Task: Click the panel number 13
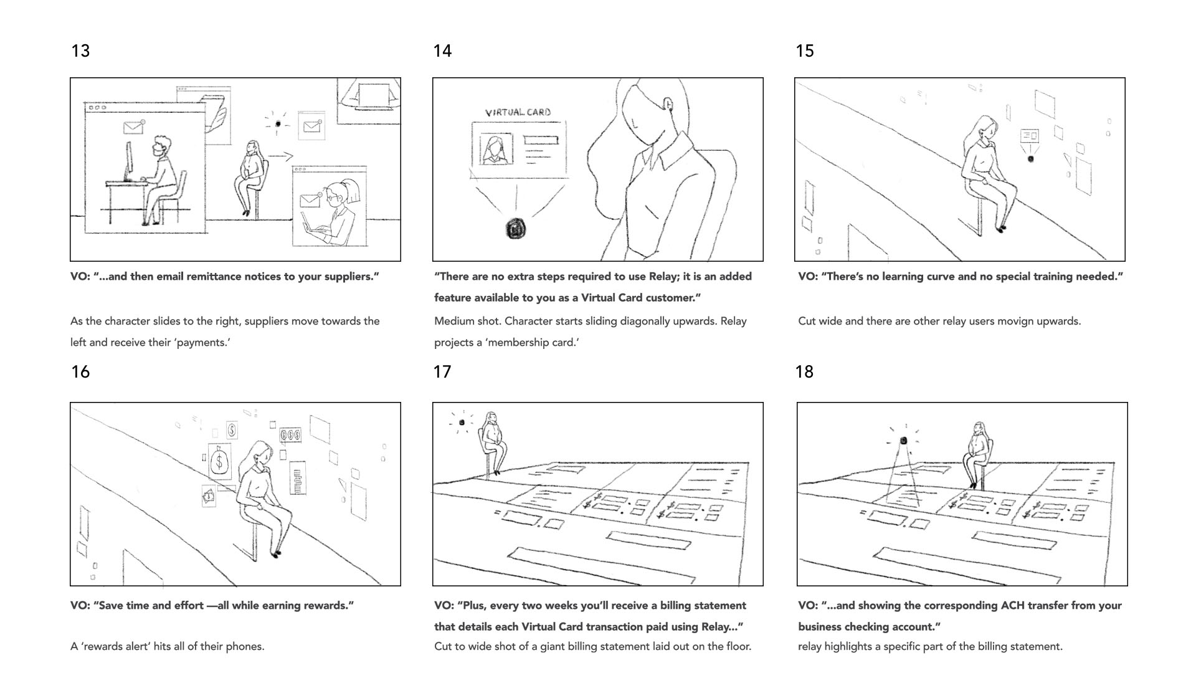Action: coord(80,51)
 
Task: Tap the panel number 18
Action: coord(804,372)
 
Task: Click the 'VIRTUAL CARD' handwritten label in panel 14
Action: coord(518,113)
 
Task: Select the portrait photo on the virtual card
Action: coord(496,150)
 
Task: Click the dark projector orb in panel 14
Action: coord(516,229)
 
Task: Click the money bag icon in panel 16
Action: coord(219,462)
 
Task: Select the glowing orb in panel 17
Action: coord(462,422)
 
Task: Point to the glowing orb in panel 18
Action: coord(903,441)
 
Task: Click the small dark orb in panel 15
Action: coord(1030,159)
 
